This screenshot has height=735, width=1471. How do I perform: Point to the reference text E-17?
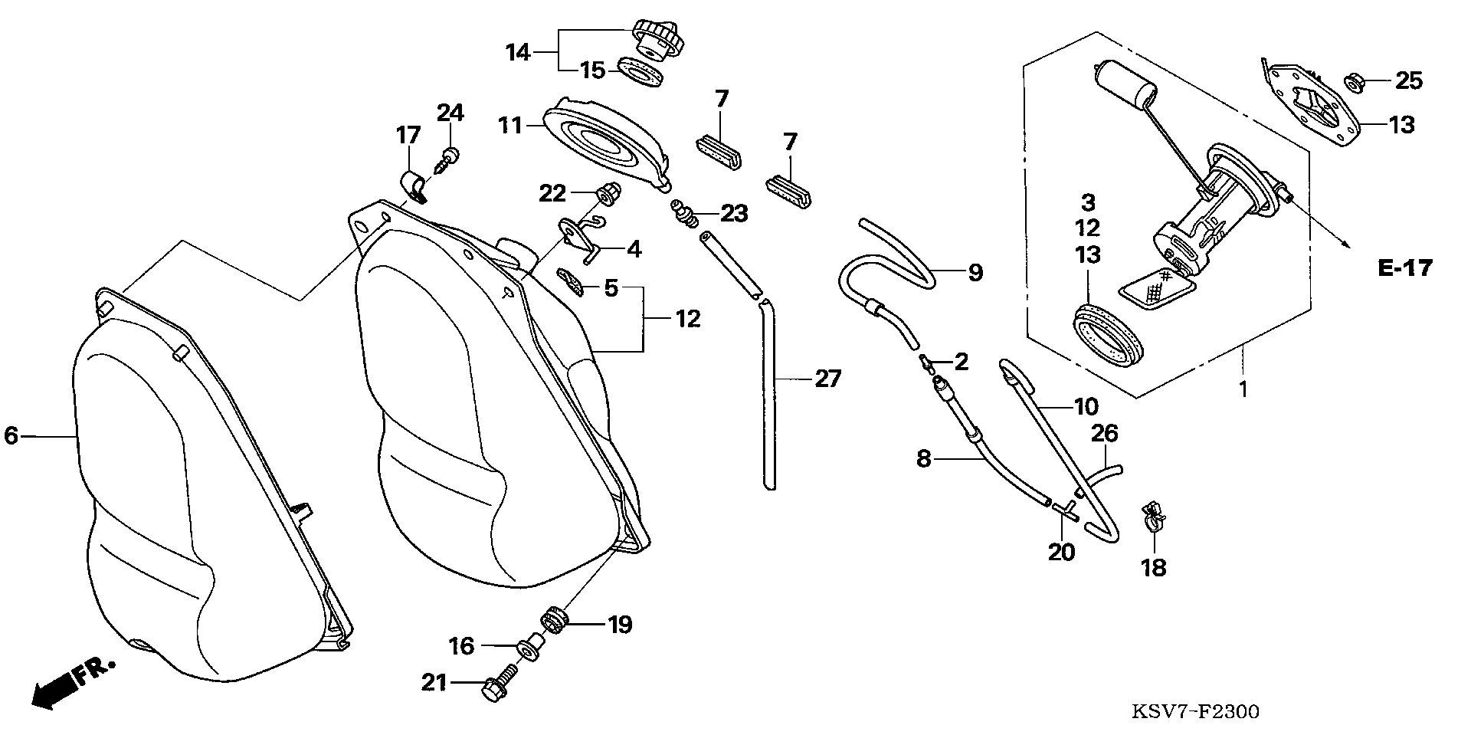coord(1404,267)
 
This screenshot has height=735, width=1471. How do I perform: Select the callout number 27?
coord(827,379)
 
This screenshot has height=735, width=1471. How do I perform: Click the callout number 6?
coord(11,436)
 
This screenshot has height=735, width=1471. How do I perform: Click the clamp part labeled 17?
coord(414,186)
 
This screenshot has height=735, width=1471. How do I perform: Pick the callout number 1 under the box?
coord(1243,389)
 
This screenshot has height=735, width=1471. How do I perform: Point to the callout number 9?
coord(975,272)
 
